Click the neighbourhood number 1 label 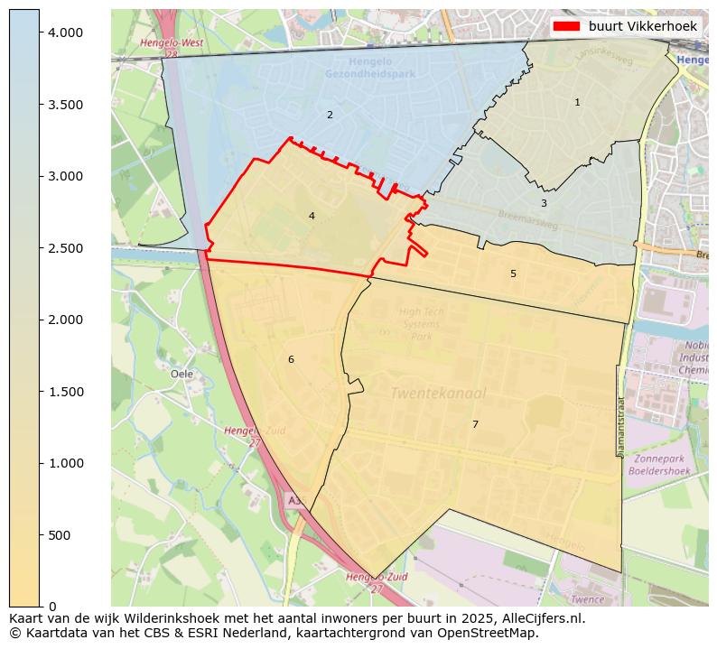577,103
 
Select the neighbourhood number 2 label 330,115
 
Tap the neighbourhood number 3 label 544,203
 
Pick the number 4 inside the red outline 312,216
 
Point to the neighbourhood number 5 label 513,274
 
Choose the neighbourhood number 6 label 291,359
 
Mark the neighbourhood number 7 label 475,424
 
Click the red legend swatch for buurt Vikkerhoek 567,26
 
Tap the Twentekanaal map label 438,394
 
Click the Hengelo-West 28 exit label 172,48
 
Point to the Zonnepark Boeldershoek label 659,465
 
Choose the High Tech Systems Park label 422,324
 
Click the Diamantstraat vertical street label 621,426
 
